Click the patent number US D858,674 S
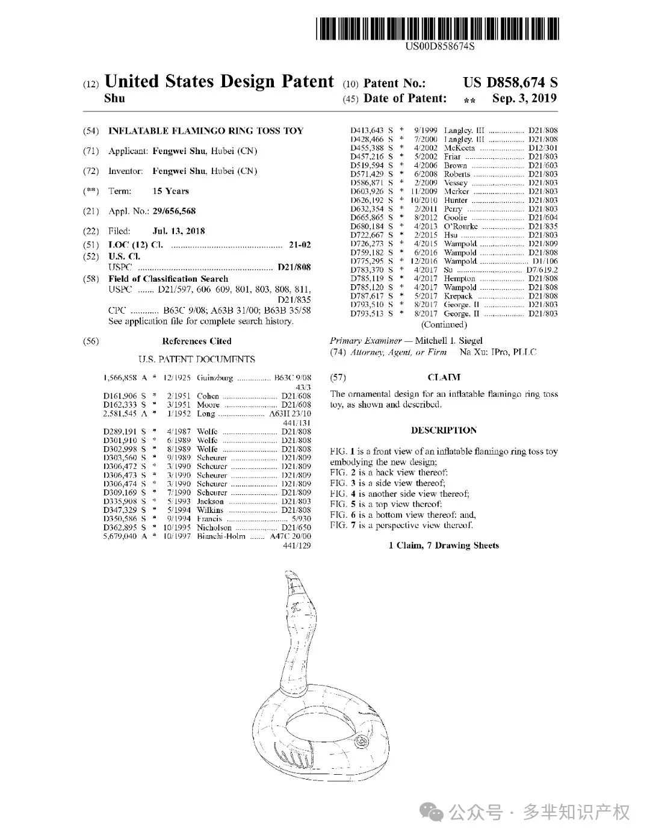click(x=510, y=83)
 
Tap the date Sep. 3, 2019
click(x=524, y=99)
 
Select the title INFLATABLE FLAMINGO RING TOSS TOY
click(x=206, y=131)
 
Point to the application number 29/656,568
click(x=174, y=211)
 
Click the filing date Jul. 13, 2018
click(x=179, y=231)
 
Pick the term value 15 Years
click(x=170, y=191)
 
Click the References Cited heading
click(x=196, y=341)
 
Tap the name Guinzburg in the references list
click(x=215, y=378)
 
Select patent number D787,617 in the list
click(x=367, y=296)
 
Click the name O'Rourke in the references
click(x=460, y=226)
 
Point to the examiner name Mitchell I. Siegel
click(x=448, y=341)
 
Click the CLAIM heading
click(x=444, y=377)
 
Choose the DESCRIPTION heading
click(x=444, y=430)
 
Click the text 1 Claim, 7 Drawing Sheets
click(x=444, y=545)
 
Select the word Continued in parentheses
click(x=444, y=325)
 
